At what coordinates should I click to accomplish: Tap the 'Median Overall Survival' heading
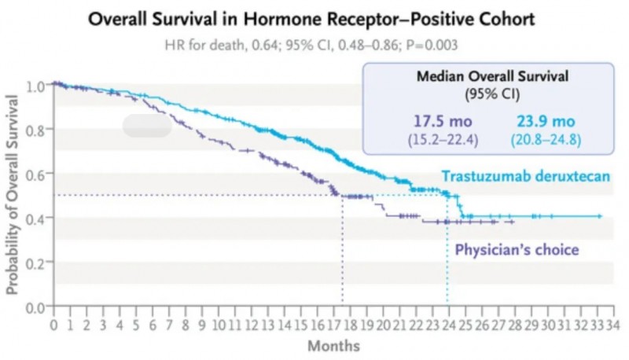coord(480,79)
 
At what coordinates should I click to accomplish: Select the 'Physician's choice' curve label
coord(517,250)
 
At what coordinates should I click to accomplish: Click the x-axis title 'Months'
coord(333,346)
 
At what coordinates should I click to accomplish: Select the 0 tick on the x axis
coord(53,325)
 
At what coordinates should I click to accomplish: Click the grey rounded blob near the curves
coord(147,125)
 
